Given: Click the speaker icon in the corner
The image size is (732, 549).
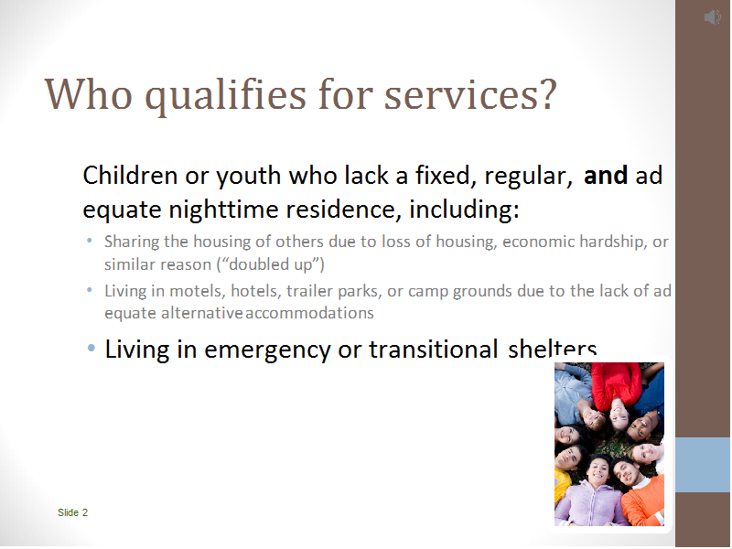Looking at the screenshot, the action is point(713,17).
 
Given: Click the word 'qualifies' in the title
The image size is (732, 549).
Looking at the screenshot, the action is point(225,95).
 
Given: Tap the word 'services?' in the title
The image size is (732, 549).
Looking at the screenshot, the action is point(470,94).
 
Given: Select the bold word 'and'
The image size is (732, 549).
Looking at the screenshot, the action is point(606,176).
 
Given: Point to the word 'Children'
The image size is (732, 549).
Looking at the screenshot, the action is point(130,176).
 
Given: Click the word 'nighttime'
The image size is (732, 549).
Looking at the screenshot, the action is point(223,209).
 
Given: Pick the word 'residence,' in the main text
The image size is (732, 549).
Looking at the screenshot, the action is point(344,210).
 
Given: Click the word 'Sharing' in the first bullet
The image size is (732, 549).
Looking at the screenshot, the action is point(132,242).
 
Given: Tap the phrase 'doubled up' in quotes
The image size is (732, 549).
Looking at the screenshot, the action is point(270,264).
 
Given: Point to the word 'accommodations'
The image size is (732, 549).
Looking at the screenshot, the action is point(309,313).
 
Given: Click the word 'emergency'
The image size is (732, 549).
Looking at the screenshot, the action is point(267,350).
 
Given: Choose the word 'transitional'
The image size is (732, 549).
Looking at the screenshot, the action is point(433,350).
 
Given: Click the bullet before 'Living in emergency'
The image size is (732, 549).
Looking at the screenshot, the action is point(91,349).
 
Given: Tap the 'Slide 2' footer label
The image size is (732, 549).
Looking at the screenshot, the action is point(73,512).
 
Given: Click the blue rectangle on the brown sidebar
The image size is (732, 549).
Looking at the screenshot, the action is point(703,465).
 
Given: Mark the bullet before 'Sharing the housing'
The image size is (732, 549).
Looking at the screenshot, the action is point(90,242).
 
